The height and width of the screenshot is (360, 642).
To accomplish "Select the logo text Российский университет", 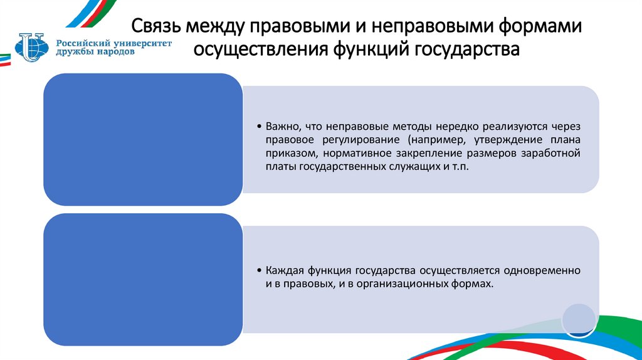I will pyautogui.click(x=113, y=42).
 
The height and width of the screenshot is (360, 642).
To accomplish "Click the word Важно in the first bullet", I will pyautogui.click(x=280, y=126).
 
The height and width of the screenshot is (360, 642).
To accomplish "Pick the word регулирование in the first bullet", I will pyautogui.click(x=347, y=140).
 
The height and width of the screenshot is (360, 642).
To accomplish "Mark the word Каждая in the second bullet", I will pyautogui.click(x=283, y=270).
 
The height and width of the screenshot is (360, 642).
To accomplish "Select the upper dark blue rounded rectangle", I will pyautogui.click(x=142, y=139).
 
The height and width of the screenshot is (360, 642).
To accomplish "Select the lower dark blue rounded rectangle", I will pyautogui.click(x=142, y=280).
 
